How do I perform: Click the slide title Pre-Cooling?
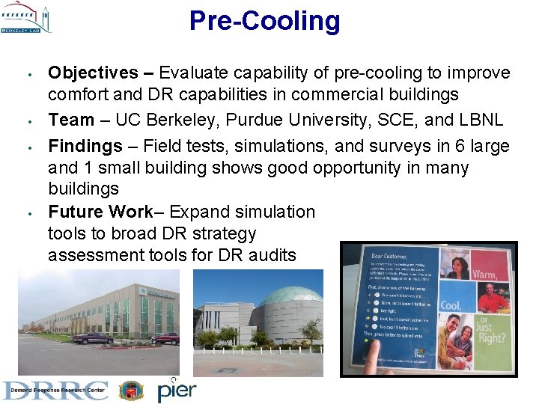point(264,20)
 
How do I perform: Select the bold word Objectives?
point(93,73)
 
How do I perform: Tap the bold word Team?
point(71,120)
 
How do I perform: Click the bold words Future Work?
point(100,212)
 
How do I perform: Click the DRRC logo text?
point(55,391)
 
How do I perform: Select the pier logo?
point(177,390)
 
